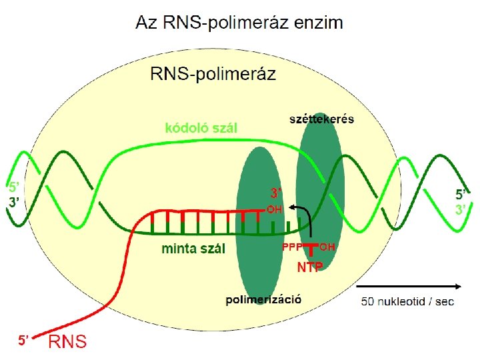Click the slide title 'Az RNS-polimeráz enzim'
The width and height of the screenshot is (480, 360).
click(x=239, y=23)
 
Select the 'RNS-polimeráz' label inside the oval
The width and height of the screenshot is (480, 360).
click(x=213, y=73)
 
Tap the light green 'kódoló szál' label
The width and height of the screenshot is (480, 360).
click(x=201, y=127)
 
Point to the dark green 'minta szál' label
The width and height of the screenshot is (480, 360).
click(x=194, y=249)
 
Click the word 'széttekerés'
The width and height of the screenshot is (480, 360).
click(x=321, y=119)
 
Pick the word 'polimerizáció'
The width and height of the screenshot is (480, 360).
click(x=264, y=299)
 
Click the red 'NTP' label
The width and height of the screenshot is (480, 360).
click(x=310, y=267)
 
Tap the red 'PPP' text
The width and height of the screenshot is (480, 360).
click(x=292, y=247)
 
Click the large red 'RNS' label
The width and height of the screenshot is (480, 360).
click(x=67, y=342)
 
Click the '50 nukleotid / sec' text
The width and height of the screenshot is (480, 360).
click(x=407, y=302)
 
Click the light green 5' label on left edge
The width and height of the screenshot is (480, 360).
click(x=13, y=187)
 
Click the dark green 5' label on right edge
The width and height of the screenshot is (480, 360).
click(x=461, y=195)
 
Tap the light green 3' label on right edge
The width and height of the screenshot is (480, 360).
click(x=461, y=209)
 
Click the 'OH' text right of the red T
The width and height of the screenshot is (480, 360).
click(x=327, y=247)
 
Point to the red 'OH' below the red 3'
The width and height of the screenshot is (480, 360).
click(x=275, y=209)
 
